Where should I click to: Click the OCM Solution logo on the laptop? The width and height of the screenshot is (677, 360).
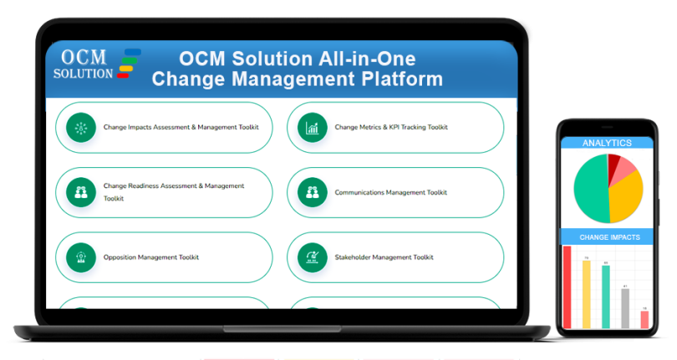pos(96,64)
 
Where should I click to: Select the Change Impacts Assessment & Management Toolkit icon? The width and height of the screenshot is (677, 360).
pos(81,128)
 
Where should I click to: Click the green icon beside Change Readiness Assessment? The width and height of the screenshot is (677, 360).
pos(81,192)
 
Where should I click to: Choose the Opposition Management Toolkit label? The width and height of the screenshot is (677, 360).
pos(151,257)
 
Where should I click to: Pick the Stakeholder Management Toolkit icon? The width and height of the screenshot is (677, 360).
pos(313,257)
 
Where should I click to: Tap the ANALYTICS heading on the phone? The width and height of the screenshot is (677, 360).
pos(607,143)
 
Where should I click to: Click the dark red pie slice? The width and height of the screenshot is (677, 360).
pos(614,162)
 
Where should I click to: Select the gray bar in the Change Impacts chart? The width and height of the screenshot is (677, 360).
pos(625,308)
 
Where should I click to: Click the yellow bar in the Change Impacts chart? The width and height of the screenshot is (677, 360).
pos(587,294)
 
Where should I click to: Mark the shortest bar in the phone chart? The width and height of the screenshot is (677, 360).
pos(644,319)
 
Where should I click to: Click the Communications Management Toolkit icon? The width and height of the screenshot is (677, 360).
pos(313,192)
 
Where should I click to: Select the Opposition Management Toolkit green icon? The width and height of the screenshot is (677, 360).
pos(81,257)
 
